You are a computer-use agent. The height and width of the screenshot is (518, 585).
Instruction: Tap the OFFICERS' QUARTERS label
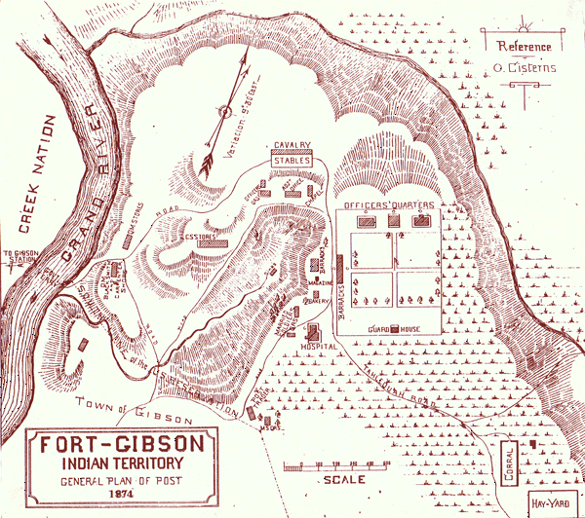[384, 205]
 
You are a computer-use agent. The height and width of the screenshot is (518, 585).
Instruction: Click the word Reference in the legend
[524, 46]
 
